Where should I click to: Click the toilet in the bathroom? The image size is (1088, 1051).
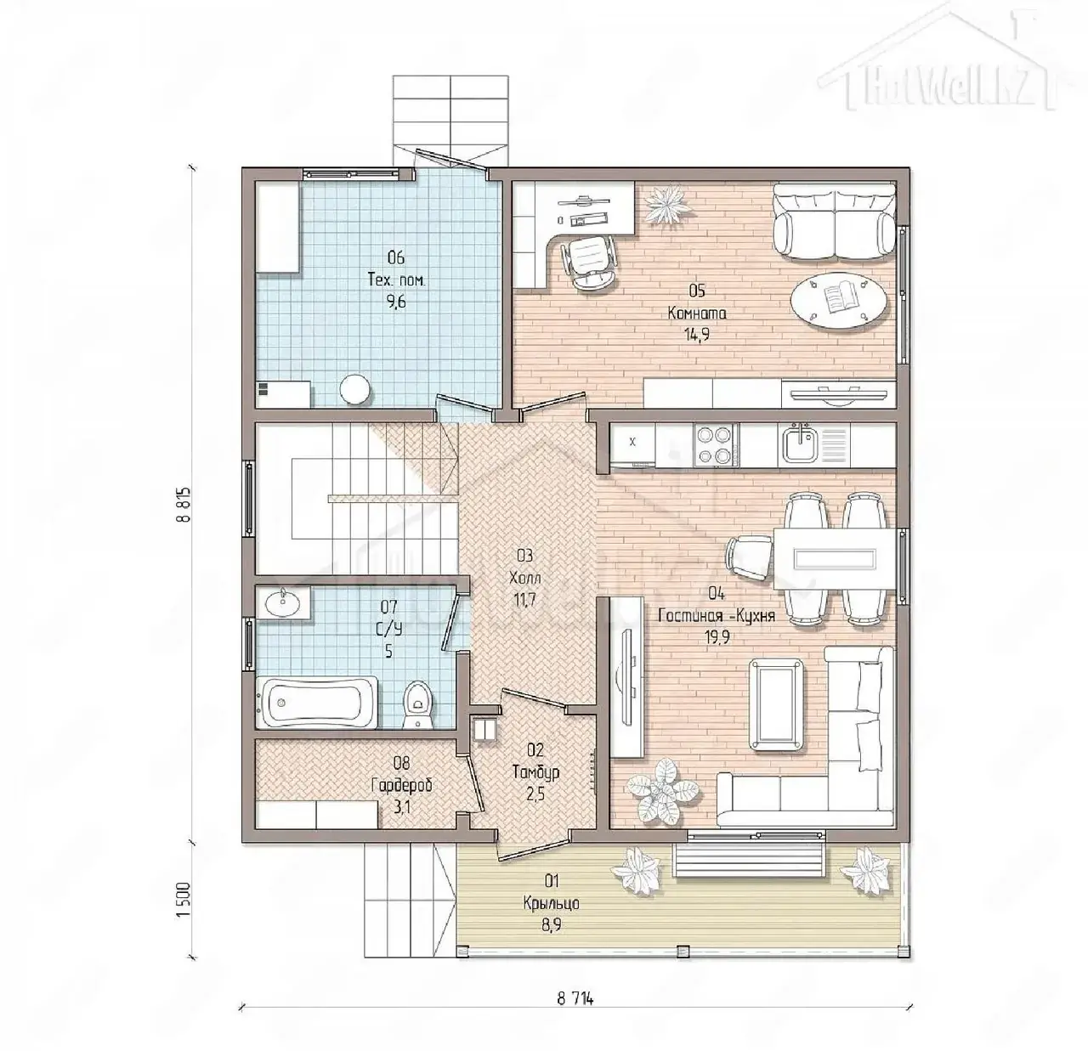coord(417,704)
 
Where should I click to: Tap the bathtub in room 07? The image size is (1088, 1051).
coord(317,702)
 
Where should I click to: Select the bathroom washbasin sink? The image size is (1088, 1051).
coord(283,602)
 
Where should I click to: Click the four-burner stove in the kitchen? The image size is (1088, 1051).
coord(716,444)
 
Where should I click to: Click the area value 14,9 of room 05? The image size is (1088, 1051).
coord(697,334)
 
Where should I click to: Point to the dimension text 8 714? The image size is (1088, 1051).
coord(575,998)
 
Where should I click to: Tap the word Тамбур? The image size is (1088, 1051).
coord(535,773)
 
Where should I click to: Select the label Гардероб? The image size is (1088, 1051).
coord(402,785)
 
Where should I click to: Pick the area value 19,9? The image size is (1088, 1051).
coord(717,637)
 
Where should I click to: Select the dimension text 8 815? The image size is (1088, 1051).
coord(185,504)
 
